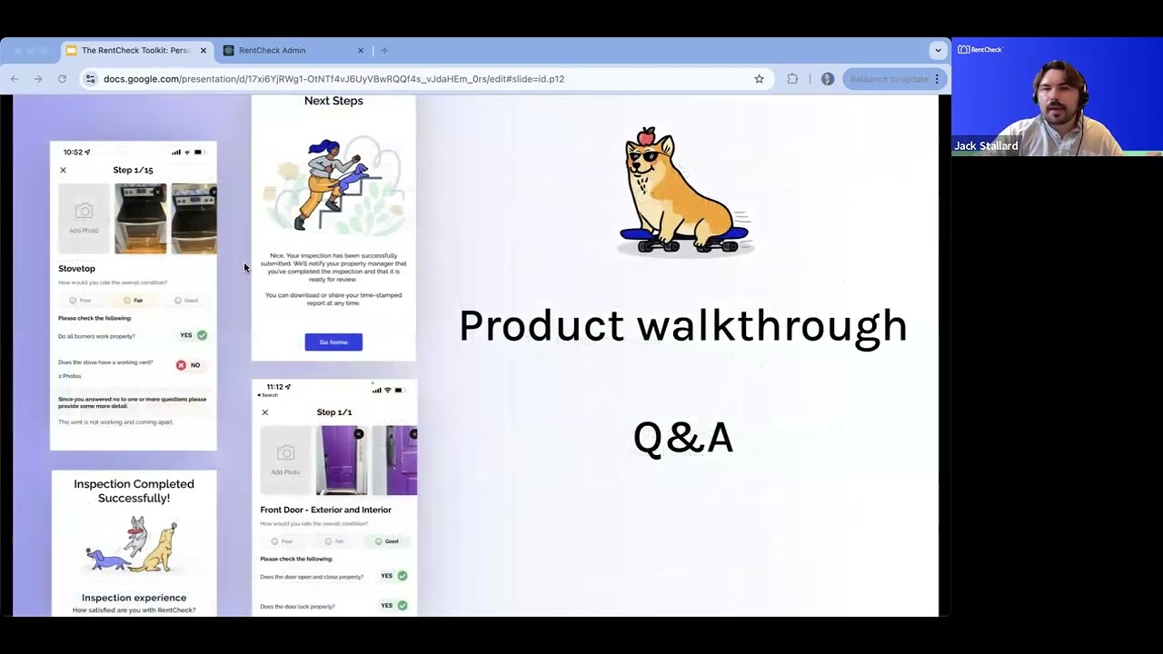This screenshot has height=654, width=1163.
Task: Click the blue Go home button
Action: [333, 342]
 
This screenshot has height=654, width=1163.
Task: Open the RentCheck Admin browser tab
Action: [272, 51]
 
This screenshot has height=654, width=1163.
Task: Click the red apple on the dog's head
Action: [645, 137]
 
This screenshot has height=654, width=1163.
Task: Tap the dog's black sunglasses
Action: [643, 156]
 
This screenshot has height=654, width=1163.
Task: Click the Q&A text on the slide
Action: [682, 438]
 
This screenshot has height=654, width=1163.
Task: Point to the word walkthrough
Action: [771, 326]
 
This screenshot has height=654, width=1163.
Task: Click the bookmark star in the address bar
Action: [759, 79]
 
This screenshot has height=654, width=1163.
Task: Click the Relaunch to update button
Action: [890, 79]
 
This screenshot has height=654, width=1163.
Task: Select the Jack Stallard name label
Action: [985, 146]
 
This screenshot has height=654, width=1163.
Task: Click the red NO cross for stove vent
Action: [181, 365]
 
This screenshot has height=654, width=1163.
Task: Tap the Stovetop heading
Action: [76, 269]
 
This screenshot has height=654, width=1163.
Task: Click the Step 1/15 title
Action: [133, 170]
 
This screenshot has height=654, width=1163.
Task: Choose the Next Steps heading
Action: [333, 101]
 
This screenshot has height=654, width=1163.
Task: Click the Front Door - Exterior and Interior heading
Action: [325, 510]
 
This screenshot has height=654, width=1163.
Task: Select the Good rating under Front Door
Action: [386, 541]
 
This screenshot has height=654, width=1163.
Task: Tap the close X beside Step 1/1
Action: [265, 412]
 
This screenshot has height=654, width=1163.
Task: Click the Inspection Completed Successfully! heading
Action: [134, 491]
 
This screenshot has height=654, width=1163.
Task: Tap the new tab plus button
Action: [384, 51]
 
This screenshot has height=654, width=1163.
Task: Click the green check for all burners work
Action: [202, 335]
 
